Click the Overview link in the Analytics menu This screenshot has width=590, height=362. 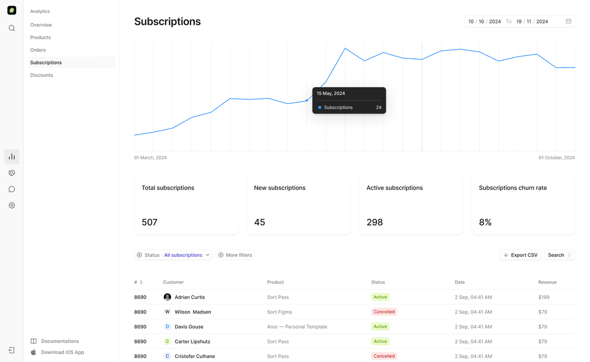41,25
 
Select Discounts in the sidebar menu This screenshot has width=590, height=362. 41,75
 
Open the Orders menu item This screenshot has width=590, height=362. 38,50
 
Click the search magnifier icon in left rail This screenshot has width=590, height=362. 12,28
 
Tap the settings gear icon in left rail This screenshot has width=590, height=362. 12,206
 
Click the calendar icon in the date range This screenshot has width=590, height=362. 568,21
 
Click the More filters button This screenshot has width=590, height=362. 235,255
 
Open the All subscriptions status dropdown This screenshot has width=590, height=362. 187,255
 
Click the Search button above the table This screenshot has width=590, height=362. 559,255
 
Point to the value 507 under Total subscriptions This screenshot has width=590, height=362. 150,222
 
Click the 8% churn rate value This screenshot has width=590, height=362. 485,222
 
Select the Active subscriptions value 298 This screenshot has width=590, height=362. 375,222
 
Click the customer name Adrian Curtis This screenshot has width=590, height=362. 190,297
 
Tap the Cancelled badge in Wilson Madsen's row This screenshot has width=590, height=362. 384,312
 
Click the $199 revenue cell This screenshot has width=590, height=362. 544,297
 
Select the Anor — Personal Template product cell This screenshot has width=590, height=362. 297,327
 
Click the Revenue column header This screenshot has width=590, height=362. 547,282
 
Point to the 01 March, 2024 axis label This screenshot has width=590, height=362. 150,158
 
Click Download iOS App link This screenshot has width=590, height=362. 62,352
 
